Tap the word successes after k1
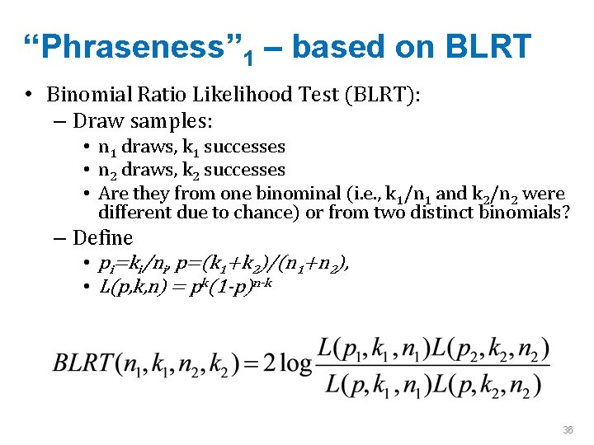(x=244, y=148)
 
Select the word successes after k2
(x=244, y=171)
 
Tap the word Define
(x=102, y=238)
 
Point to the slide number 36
(x=568, y=430)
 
